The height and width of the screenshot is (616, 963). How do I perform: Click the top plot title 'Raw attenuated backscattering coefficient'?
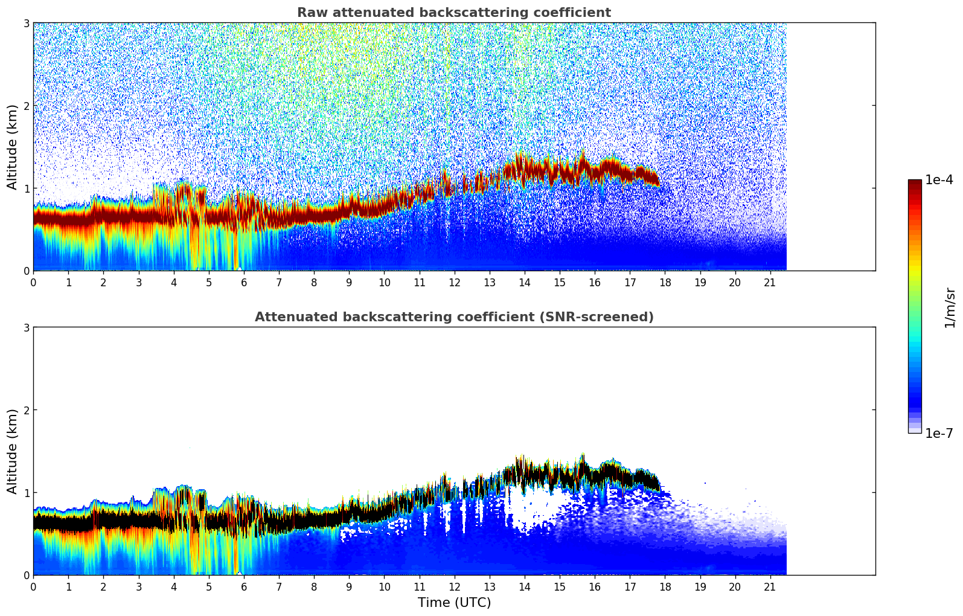pyautogui.click(x=453, y=13)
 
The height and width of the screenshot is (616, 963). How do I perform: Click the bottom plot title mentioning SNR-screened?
pyautogui.click(x=453, y=317)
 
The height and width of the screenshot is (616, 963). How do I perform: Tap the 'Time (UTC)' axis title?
pyautogui.click(x=454, y=602)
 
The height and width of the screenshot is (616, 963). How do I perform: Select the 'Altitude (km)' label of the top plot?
pyautogui.click(x=13, y=147)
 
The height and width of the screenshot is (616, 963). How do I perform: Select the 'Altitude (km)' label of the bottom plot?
pyautogui.click(x=13, y=451)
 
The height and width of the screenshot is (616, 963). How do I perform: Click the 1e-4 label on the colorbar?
pyautogui.click(x=939, y=180)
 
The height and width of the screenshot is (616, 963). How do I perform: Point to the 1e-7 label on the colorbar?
pyautogui.click(x=939, y=433)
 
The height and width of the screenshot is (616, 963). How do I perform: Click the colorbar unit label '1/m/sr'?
pyautogui.click(x=950, y=308)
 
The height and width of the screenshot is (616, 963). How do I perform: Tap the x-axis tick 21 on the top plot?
pyautogui.click(x=770, y=282)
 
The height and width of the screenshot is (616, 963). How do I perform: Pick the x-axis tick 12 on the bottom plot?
pyautogui.click(x=454, y=586)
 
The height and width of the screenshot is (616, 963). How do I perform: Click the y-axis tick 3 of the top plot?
pyautogui.click(x=26, y=23)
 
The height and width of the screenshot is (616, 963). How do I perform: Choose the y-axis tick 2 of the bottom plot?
pyautogui.click(x=26, y=410)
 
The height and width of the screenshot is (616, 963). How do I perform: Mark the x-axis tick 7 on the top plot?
pyautogui.click(x=279, y=282)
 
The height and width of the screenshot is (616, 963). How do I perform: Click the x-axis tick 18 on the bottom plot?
pyautogui.click(x=665, y=586)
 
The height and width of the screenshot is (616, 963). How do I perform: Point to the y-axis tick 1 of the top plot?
pyautogui.click(x=26, y=188)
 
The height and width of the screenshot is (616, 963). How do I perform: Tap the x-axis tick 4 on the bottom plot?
pyautogui.click(x=174, y=586)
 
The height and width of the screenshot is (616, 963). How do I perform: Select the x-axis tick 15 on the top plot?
pyautogui.click(x=560, y=282)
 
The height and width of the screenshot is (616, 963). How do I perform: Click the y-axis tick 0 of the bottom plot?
pyautogui.click(x=26, y=575)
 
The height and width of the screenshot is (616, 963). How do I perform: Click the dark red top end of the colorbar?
pyautogui.click(x=914, y=182)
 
